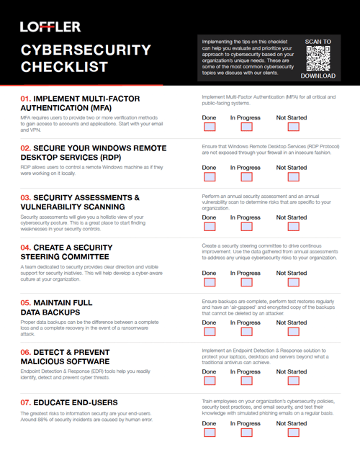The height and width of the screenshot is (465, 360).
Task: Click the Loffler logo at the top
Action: (50, 27)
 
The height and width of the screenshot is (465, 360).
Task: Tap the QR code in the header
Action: (318, 58)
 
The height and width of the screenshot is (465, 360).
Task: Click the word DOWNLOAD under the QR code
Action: (318, 76)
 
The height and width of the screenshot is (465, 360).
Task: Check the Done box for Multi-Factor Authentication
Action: (209, 127)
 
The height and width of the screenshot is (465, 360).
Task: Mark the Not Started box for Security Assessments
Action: (293, 227)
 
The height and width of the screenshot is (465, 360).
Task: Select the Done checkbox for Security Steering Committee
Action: (209, 283)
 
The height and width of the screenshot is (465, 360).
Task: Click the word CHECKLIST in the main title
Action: (64, 67)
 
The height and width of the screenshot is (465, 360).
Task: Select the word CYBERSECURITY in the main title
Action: (85, 50)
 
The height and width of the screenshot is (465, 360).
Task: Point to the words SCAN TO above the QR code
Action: (318, 42)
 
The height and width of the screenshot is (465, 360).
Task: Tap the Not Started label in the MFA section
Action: (291, 117)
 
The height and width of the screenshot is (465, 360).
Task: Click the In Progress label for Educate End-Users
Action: (246, 424)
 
